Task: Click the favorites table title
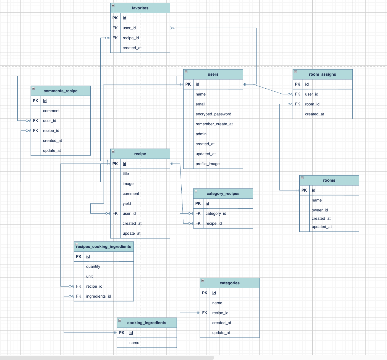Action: tap(140, 8)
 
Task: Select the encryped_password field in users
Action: tap(213, 114)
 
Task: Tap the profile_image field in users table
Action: tap(207, 164)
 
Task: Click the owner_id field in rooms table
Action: tap(320, 210)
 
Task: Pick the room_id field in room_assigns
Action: tap(312, 104)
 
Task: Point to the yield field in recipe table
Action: tap(127, 203)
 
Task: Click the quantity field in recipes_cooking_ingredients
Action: tap(93, 266)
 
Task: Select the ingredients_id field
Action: tap(98, 296)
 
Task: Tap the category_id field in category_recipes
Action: tap(216, 213)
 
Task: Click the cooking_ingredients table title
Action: tap(147, 323)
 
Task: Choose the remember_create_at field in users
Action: tap(214, 124)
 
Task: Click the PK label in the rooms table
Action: tap(304, 190)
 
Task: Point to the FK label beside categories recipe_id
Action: tap(205, 313)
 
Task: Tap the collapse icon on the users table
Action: tap(186, 72)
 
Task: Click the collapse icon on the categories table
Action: tap(203, 280)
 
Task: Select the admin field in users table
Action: tap(201, 134)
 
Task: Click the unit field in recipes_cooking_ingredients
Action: tap(89, 276)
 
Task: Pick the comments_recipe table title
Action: tap(60, 91)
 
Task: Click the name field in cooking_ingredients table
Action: tap(134, 343)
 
